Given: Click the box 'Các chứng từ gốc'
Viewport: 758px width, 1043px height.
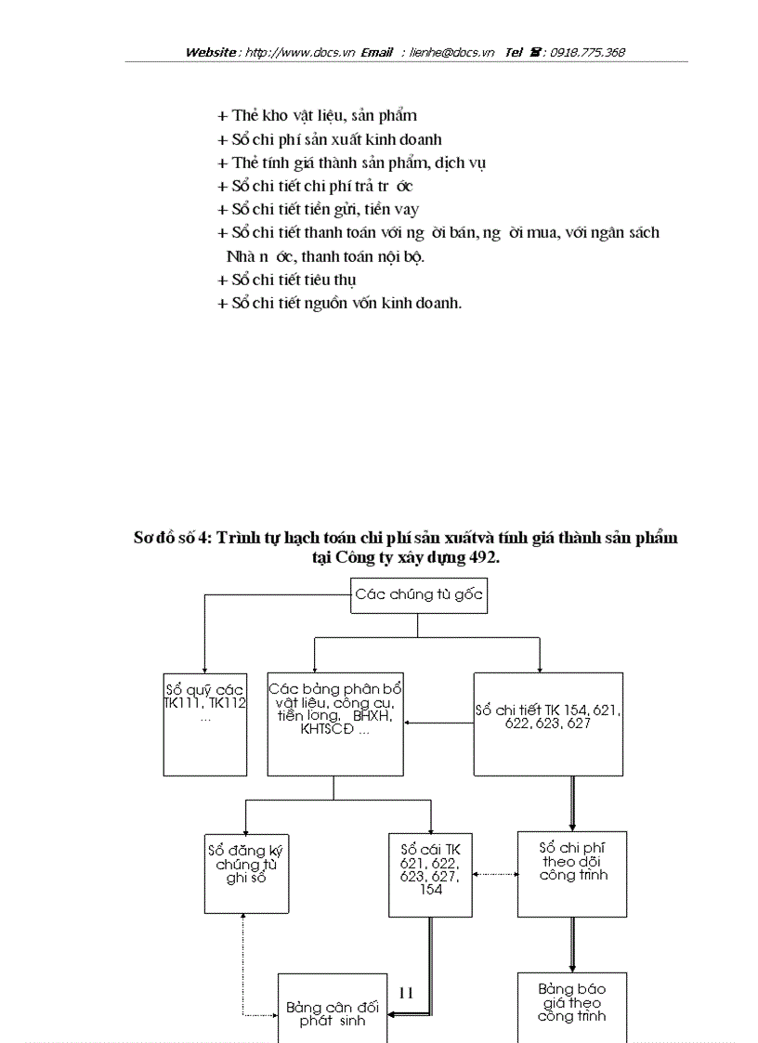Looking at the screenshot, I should [419, 595].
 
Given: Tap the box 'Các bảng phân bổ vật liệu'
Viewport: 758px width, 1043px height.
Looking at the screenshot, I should [335, 724].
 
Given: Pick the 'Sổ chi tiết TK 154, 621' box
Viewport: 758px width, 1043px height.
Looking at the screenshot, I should [548, 724].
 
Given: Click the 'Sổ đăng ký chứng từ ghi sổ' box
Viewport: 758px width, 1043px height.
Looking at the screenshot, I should [246, 872].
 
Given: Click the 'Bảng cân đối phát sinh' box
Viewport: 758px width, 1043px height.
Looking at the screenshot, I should [333, 1012].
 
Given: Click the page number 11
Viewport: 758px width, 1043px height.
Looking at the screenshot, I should [406, 993].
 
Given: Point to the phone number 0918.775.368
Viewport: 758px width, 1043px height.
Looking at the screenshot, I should [587, 53].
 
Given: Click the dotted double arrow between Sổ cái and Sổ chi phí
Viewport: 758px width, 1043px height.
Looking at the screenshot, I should [494, 874].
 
